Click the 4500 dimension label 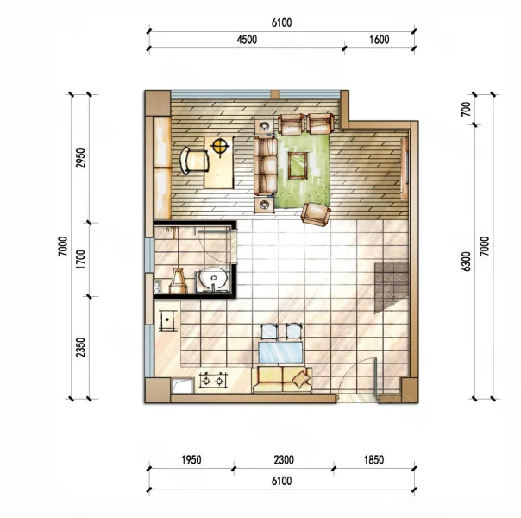(x=247, y=40)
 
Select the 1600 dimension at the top (x=380, y=40)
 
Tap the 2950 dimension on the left (x=80, y=158)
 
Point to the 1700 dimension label (x=80, y=260)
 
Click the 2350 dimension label (x=80, y=347)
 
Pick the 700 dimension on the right (x=466, y=109)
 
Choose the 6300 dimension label (x=466, y=262)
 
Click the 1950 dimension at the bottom (x=191, y=460)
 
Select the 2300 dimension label (x=284, y=460)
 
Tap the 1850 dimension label (x=373, y=460)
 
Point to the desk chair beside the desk (x=194, y=161)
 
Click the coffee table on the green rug (x=298, y=165)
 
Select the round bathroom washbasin (x=212, y=279)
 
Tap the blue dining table (x=280, y=352)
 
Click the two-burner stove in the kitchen (x=213, y=381)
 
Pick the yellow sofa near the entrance (x=282, y=380)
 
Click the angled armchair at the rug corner (x=316, y=214)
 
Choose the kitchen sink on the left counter (x=167, y=320)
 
